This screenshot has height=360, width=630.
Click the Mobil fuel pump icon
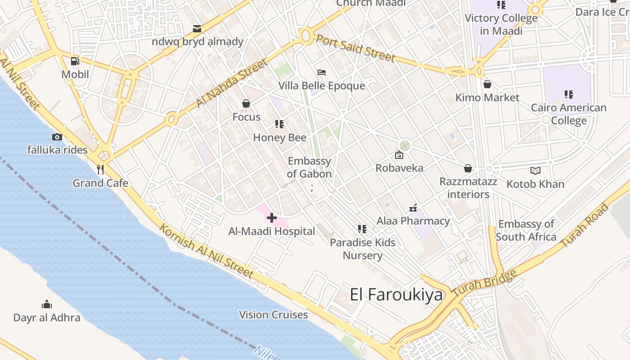[75, 61]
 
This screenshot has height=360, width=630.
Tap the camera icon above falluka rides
[57, 137]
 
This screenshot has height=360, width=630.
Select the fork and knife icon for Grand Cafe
[100, 170]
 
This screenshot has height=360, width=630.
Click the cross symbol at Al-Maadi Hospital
[272, 218]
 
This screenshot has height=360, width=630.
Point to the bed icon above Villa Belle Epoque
[321, 72]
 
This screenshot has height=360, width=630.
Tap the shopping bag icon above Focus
[246, 104]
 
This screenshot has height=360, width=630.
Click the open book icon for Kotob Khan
[535, 171]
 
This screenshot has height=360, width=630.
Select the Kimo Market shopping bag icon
[487, 84]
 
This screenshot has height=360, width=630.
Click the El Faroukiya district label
[396, 295]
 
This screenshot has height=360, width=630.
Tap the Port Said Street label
[355, 47]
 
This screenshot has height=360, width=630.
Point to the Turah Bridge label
[484, 283]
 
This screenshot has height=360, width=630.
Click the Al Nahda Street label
[231, 84]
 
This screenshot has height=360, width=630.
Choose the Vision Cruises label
[274, 315]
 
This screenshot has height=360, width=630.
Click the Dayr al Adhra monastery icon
[47, 305]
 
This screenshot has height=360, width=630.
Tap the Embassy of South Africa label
[526, 230]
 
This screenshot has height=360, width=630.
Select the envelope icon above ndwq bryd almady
[197, 29]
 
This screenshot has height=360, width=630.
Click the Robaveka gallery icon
[399, 155]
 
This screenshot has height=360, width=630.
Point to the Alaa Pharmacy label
[413, 221]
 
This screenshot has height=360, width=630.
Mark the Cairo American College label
[569, 114]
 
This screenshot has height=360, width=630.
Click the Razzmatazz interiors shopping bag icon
[468, 168]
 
